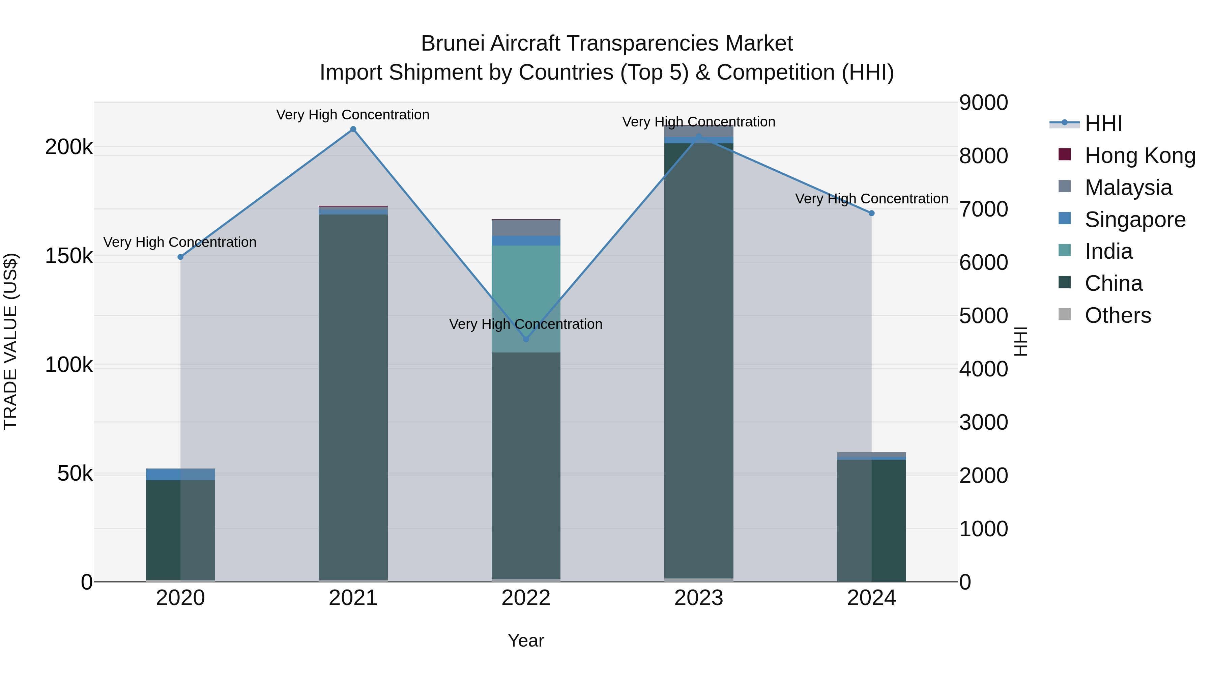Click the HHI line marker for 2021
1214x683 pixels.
[x=353, y=129]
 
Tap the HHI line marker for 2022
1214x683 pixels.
[x=526, y=339]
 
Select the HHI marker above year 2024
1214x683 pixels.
[x=871, y=213]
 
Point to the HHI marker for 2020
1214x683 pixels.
[x=180, y=257]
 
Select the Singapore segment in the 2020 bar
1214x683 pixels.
[x=180, y=474]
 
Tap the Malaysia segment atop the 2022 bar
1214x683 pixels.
[x=526, y=228]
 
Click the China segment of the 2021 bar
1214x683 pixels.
[x=353, y=396]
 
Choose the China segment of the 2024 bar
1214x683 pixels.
[x=871, y=518]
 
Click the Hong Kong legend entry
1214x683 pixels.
[x=1139, y=155]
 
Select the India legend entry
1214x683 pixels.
[x=1108, y=251]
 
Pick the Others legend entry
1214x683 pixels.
[x=1118, y=315]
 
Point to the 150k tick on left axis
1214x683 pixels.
[x=69, y=256]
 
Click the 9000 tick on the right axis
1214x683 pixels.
[x=984, y=103]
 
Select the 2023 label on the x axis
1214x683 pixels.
[x=698, y=598]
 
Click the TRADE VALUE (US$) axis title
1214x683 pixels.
[x=10, y=341]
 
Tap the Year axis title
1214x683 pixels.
[x=526, y=641]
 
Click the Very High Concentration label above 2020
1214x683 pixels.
[x=180, y=242]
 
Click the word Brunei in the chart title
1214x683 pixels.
[x=453, y=44]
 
